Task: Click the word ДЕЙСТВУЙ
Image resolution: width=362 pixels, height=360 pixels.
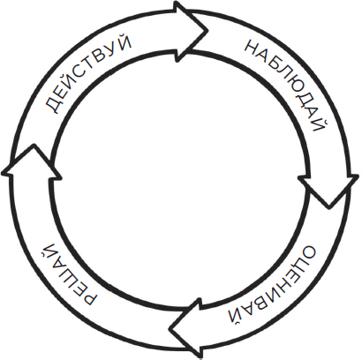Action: (88, 73)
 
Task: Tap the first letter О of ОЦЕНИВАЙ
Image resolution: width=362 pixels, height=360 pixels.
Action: (306, 254)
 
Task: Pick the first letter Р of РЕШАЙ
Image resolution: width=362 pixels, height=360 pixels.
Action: (87, 297)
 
